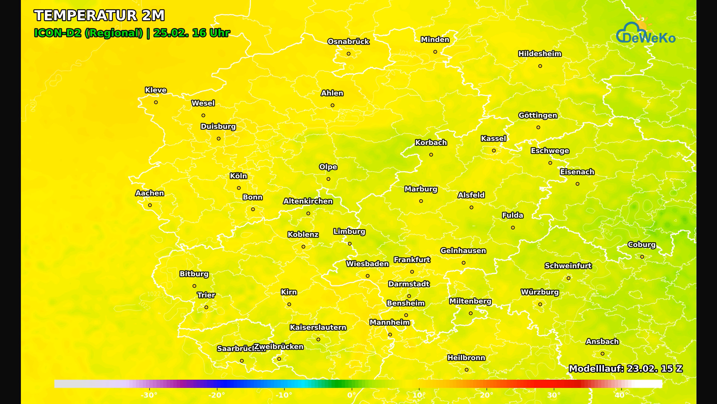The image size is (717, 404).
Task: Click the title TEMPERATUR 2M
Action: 99,16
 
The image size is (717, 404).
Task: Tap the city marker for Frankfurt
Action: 412,272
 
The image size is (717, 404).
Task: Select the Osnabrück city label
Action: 348,42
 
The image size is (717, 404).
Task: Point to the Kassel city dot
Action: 494,151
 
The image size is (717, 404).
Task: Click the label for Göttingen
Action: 537,116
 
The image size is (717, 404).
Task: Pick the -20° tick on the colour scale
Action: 217,395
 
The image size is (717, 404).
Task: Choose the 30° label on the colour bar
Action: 554,395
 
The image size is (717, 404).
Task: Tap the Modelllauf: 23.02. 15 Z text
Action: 626,369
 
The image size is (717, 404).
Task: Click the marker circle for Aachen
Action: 150,205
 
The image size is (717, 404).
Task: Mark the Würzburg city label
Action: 540,292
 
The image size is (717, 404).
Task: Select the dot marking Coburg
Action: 642,257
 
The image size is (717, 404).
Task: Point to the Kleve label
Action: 156,90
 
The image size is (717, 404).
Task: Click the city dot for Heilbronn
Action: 466,370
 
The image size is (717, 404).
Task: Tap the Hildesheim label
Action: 540,54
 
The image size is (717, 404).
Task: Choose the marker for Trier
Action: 206,307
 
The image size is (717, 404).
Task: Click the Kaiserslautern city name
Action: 318,328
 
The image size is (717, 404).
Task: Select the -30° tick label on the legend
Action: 149,395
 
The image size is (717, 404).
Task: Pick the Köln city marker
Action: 239,188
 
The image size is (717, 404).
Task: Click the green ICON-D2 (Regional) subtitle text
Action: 89,33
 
